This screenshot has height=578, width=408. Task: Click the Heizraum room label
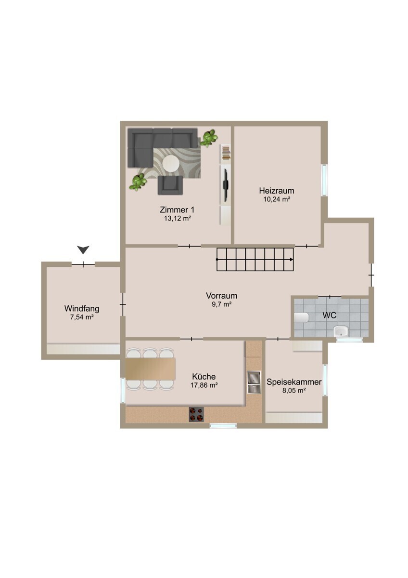coord(276,191)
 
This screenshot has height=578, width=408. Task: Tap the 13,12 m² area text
coord(178,219)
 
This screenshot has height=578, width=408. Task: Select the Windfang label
coord(82,309)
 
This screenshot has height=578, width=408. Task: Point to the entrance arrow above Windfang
coord(83,250)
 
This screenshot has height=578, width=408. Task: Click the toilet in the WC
coord(301,317)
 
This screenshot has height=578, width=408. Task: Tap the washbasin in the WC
coord(341,331)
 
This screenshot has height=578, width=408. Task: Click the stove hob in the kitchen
coord(196,414)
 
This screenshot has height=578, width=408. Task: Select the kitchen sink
coord(254,382)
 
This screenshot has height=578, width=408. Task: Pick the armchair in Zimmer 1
coord(170,185)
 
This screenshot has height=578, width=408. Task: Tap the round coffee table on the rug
coord(171,163)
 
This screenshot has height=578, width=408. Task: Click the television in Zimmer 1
coord(225,185)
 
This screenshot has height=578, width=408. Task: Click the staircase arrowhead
coord(292,259)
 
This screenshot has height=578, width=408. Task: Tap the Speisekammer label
coord(294,382)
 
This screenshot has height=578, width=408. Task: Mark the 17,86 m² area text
coord(204,385)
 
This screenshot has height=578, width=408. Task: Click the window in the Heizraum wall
coord(324,180)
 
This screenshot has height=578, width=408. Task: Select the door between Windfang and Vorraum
coord(123,304)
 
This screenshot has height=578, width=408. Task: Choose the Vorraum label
coord(221,295)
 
